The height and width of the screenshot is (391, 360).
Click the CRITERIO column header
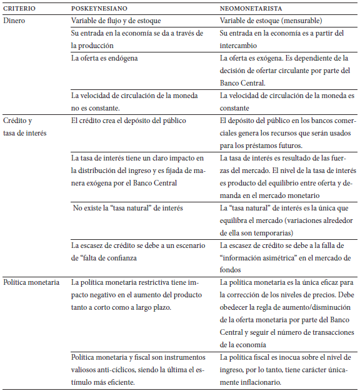(x=19, y=9)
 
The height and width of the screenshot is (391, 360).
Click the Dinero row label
(x=14, y=21)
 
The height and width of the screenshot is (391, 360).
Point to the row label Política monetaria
(x=31, y=282)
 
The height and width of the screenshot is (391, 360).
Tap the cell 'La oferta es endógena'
(x=104, y=58)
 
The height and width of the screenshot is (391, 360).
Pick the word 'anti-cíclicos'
(x=92, y=370)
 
